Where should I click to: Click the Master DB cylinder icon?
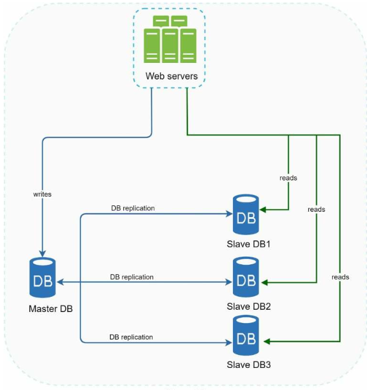click(x=43, y=278)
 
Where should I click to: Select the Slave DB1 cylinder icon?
click(x=246, y=214)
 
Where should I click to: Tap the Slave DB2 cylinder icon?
click(x=246, y=277)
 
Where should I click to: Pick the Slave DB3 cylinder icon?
click(x=246, y=335)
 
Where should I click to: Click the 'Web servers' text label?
click(x=172, y=76)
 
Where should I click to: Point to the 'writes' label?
click(x=43, y=194)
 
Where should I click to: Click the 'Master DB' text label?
click(x=51, y=309)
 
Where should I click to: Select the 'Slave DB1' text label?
click(x=249, y=244)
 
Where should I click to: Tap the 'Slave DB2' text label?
click(x=249, y=306)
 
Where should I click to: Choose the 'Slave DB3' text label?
click(x=249, y=364)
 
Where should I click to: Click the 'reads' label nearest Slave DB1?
click(x=288, y=178)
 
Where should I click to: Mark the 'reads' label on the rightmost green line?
click(x=340, y=277)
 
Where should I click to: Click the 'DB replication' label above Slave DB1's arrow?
click(x=133, y=208)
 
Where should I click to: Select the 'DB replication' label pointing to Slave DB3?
click(x=131, y=337)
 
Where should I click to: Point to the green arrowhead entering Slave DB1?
click(x=263, y=210)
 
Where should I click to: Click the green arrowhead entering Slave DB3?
click(x=267, y=342)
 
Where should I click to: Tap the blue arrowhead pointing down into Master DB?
click(x=43, y=254)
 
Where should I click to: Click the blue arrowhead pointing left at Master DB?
click(x=61, y=282)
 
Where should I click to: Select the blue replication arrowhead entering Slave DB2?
click(x=229, y=282)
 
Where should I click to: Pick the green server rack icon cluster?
click(x=170, y=40)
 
